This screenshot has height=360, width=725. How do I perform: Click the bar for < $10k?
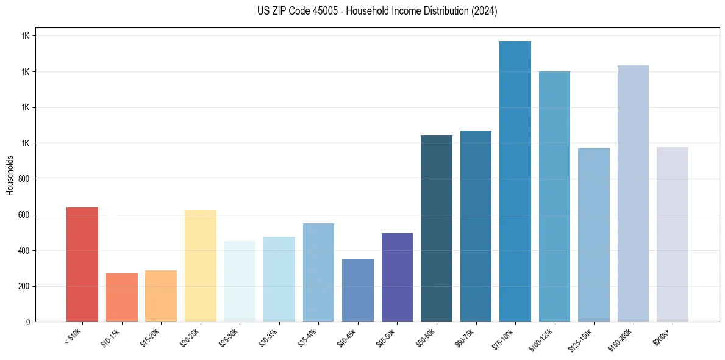(x=82, y=265)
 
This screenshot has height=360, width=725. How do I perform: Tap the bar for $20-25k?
(x=201, y=266)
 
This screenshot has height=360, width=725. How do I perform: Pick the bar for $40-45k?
(x=358, y=290)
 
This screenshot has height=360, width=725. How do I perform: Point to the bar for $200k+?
(x=673, y=234)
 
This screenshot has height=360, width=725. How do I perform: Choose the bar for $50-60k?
(x=437, y=229)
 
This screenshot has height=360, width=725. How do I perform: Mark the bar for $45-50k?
(x=397, y=278)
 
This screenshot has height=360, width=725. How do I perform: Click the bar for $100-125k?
(x=554, y=196)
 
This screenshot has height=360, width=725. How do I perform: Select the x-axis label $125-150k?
(x=583, y=338)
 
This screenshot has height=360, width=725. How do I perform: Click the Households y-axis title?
(x=10, y=175)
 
